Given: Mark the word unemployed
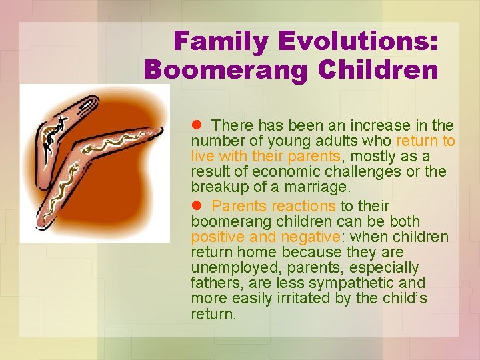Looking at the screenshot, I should [x=229, y=267].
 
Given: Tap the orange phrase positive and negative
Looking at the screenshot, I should [x=265, y=237].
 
